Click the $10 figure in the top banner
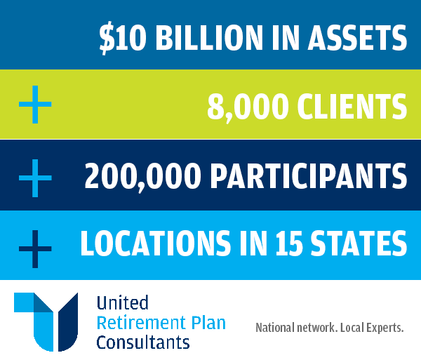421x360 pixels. coord(123,36)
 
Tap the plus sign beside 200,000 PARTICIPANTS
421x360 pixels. coord(35,177)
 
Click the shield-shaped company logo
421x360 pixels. coord(46,321)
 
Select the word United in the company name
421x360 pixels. coord(123,303)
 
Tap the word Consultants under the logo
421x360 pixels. coord(143,342)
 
